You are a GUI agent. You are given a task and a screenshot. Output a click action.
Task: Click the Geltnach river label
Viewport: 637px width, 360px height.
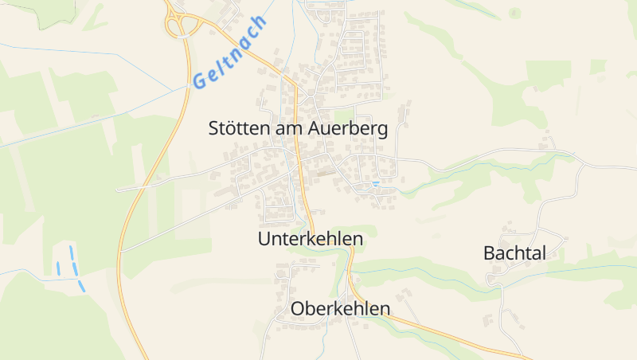[x=229, y=51]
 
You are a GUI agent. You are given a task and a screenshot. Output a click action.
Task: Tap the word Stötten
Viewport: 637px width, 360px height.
[x=236, y=128]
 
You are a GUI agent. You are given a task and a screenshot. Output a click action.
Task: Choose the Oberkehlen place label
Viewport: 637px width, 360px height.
[x=341, y=308]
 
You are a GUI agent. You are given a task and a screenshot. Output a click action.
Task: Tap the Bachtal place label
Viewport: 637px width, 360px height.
[x=514, y=253]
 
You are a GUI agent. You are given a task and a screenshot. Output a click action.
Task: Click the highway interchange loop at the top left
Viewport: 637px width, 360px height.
[x=182, y=25]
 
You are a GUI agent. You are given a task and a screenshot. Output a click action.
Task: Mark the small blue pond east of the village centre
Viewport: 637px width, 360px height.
[x=375, y=184]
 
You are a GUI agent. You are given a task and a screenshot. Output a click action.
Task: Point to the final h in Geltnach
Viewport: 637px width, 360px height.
[x=261, y=22]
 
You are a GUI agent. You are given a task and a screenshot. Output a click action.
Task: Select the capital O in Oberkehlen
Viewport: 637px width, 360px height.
[x=299, y=308]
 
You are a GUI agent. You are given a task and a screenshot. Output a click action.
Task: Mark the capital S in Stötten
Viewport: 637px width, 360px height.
[x=213, y=128]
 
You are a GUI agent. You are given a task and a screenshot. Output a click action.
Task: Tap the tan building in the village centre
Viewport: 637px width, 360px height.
[x=324, y=170]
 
